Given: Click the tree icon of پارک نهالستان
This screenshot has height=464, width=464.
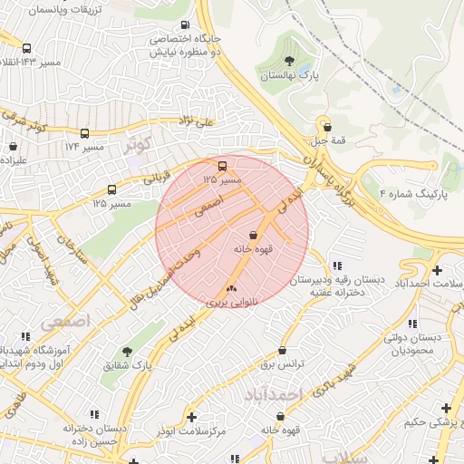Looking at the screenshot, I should click(289, 62).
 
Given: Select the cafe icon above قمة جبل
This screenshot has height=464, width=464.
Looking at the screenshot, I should click(326, 127).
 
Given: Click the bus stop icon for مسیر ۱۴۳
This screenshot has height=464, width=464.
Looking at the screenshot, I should click(26, 48).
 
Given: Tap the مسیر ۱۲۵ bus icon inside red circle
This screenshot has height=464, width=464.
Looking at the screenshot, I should click(223, 166).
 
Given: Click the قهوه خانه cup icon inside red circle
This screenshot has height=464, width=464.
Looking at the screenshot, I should click(252, 235).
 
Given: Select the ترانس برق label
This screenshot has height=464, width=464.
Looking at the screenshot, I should click(281, 363).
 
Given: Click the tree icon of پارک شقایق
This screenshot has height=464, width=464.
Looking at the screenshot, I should click(126, 351).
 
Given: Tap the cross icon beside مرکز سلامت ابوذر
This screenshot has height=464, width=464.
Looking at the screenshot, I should click(191, 417).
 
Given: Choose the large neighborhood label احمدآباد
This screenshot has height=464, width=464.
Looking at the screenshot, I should click(272, 395).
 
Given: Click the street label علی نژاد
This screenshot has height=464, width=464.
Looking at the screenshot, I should click(196, 120).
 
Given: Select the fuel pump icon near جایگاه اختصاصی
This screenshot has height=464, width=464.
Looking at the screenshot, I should click(186, 25).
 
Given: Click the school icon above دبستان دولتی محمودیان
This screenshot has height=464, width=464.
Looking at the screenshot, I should click(411, 324).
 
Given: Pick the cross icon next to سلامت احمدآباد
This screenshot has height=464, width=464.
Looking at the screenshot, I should click(438, 269).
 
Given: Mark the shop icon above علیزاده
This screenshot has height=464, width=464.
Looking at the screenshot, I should click(13, 145).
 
